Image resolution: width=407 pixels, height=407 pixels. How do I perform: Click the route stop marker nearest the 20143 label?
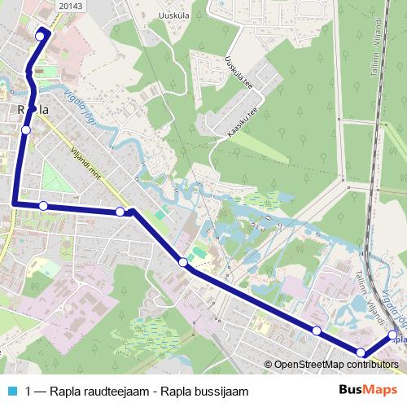(x=40, y=36)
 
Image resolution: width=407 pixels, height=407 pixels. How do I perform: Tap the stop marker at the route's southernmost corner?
(x=361, y=352)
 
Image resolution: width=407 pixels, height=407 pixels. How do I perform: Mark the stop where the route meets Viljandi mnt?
(x=120, y=212)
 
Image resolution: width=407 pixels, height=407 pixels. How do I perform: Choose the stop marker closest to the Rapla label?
(x=26, y=129)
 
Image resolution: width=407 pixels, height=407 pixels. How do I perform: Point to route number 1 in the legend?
(x=29, y=391)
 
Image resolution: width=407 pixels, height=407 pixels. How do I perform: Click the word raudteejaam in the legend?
(x=120, y=391)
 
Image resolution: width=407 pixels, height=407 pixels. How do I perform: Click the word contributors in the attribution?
(x=371, y=364)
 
